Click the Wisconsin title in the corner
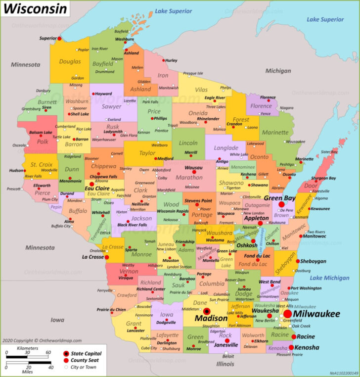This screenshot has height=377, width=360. (x=35, y=9)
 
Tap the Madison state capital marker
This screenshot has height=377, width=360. (x=207, y=311)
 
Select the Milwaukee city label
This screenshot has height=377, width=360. (x=316, y=314)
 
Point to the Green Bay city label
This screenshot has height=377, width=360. (x=279, y=197)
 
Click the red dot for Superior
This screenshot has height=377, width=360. (x=59, y=38)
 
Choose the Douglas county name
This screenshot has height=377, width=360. (x=70, y=62)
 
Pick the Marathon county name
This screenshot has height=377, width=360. (x=189, y=177)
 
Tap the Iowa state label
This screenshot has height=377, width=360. (x=57, y=320)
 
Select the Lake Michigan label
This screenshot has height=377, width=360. (x=329, y=278)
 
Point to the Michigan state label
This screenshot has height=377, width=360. (x=278, y=71)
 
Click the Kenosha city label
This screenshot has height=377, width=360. (x=307, y=348)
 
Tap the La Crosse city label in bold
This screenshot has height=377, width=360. (x=92, y=257)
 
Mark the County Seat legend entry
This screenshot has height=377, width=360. (x=86, y=360)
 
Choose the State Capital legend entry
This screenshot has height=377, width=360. (x=86, y=353)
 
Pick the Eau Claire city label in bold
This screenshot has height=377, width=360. (x=96, y=188)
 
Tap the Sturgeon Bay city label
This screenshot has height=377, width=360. (x=323, y=178)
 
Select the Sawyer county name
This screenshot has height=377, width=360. (x=111, y=106)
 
